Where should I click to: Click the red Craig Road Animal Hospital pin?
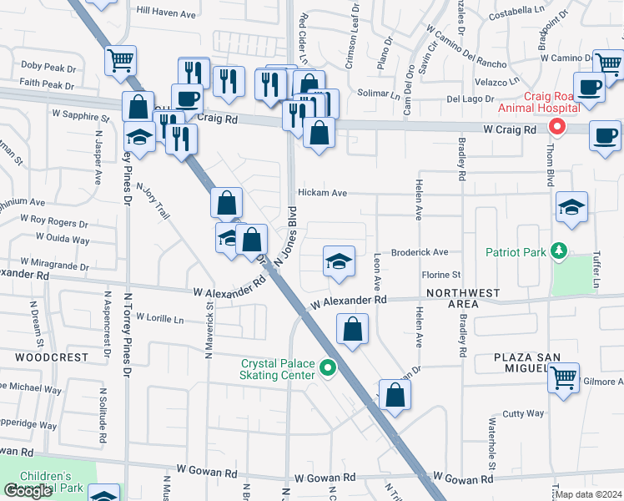click(x=556, y=127)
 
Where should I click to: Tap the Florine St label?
click(x=441, y=275)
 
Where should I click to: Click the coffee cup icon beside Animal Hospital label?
click(x=590, y=88)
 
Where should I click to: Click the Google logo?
click(x=28, y=492)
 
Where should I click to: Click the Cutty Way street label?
click(x=523, y=413)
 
